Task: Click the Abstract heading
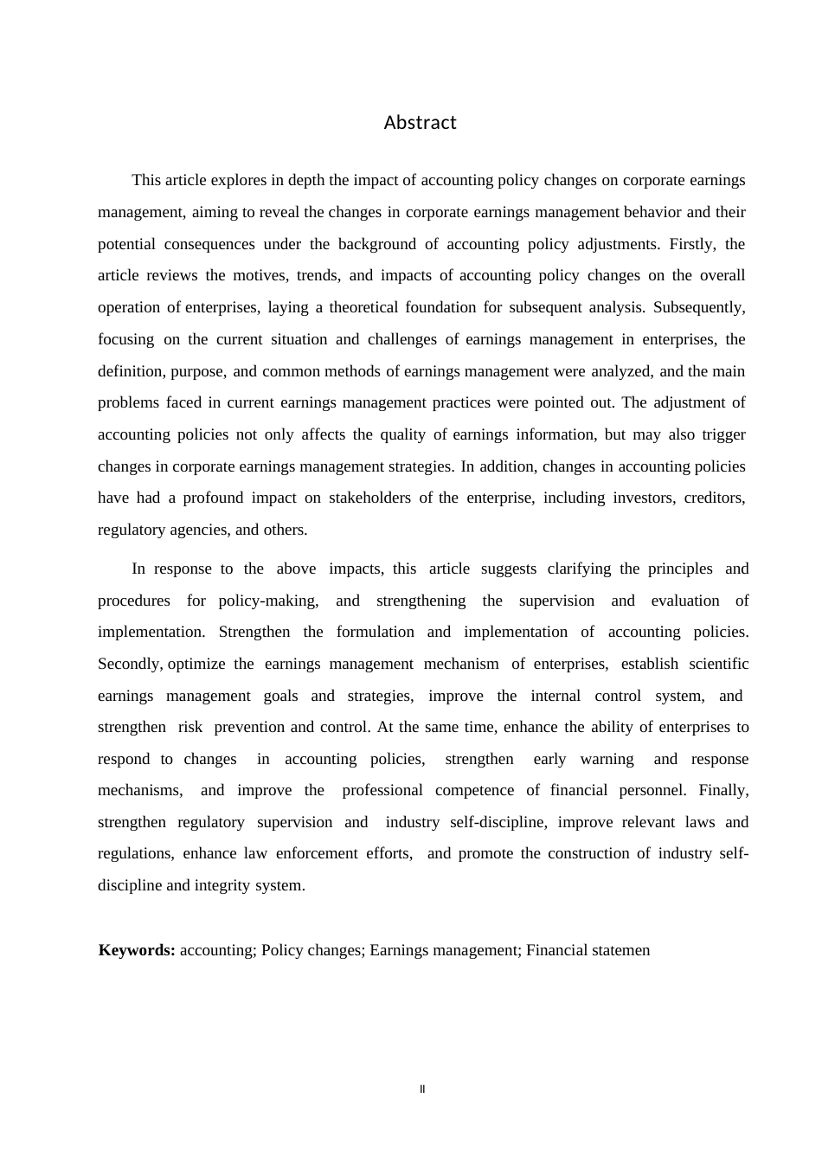(x=420, y=123)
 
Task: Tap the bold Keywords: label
(x=137, y=950)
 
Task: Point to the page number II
(x=422, y=1089)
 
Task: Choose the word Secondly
(x=130, y=664)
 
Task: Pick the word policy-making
(x=268, y=601)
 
